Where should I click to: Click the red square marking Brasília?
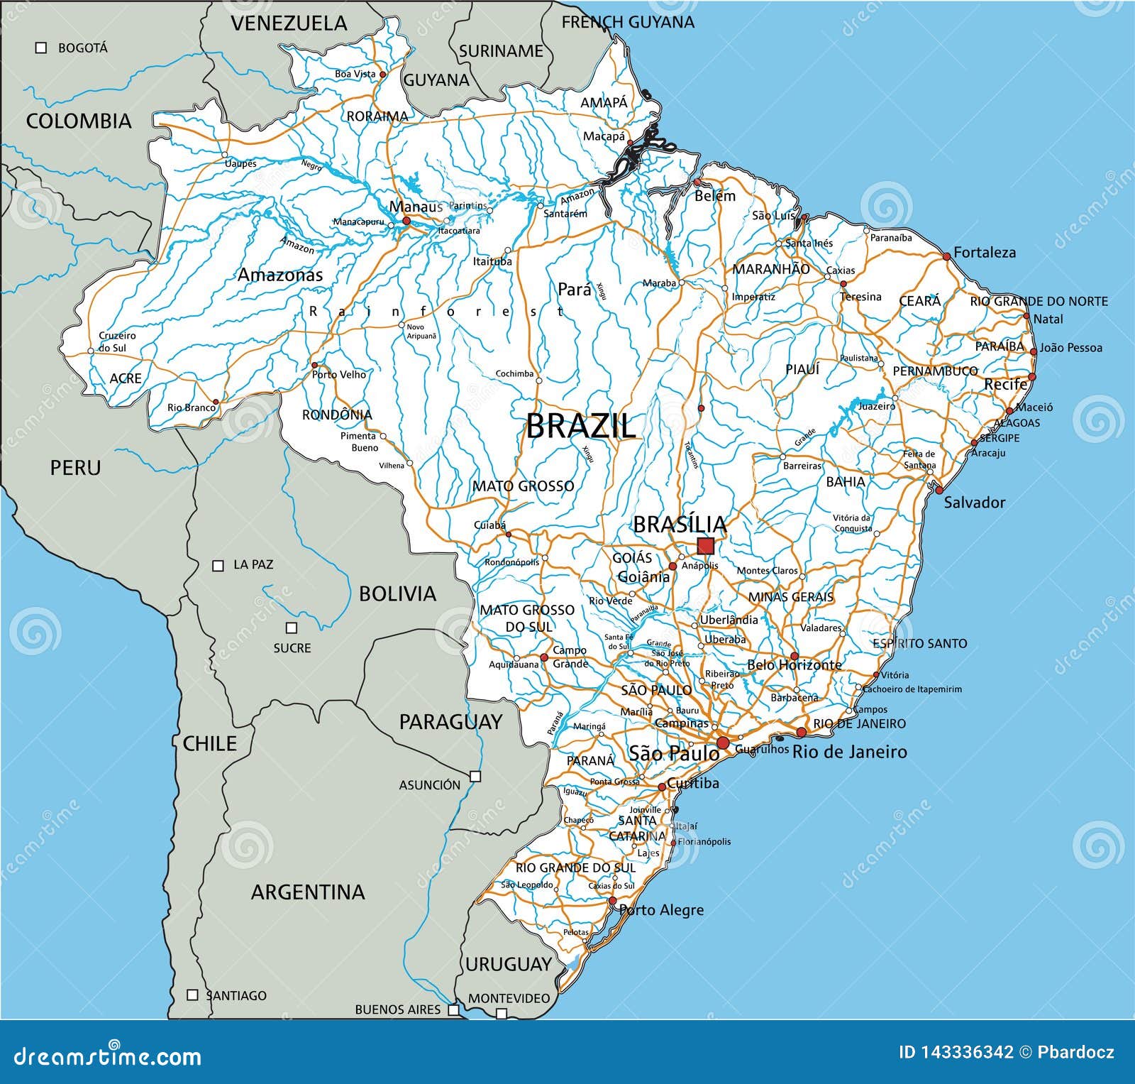(x=705, y=546)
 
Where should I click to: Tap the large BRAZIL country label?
(x=580, y=427)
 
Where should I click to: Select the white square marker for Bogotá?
(x=41, y=48)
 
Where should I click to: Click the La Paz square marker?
(x=218, y=566)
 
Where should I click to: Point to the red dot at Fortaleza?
(x=946, y=256)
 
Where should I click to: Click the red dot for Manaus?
(x=406, y=221)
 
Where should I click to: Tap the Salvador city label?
(x=974, y=503)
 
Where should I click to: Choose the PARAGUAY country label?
(x=450, y=723)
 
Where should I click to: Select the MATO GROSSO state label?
(x=524, y=486)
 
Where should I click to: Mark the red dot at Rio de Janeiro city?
(x=802, y=733)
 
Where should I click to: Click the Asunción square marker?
(x=475, y=776)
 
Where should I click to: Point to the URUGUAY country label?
(x=508, y=964)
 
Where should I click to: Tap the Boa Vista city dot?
(x=382, y=74)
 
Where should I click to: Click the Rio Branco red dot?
(x=216, y=402)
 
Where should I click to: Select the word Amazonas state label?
(x=279, y=275)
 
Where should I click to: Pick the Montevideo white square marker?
(x=502, y=1013)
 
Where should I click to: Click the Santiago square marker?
(x=192, y=995)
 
